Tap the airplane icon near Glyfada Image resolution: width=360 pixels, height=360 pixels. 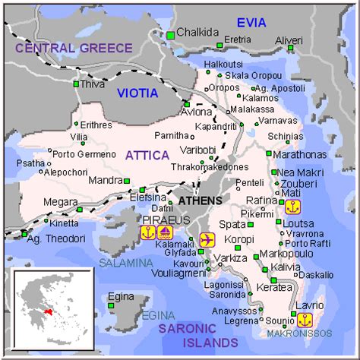point(206,239)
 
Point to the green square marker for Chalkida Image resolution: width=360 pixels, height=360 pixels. point(171,34)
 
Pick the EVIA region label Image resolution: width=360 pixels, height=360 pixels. point(251,22)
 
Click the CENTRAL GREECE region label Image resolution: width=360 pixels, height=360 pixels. point(74,48)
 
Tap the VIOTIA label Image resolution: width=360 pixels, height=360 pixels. point(137,93)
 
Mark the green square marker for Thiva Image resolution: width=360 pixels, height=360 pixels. point(76,84)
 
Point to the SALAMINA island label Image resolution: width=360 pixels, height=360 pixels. point(125,263)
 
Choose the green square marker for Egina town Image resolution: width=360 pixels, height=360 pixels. point(111,305)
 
